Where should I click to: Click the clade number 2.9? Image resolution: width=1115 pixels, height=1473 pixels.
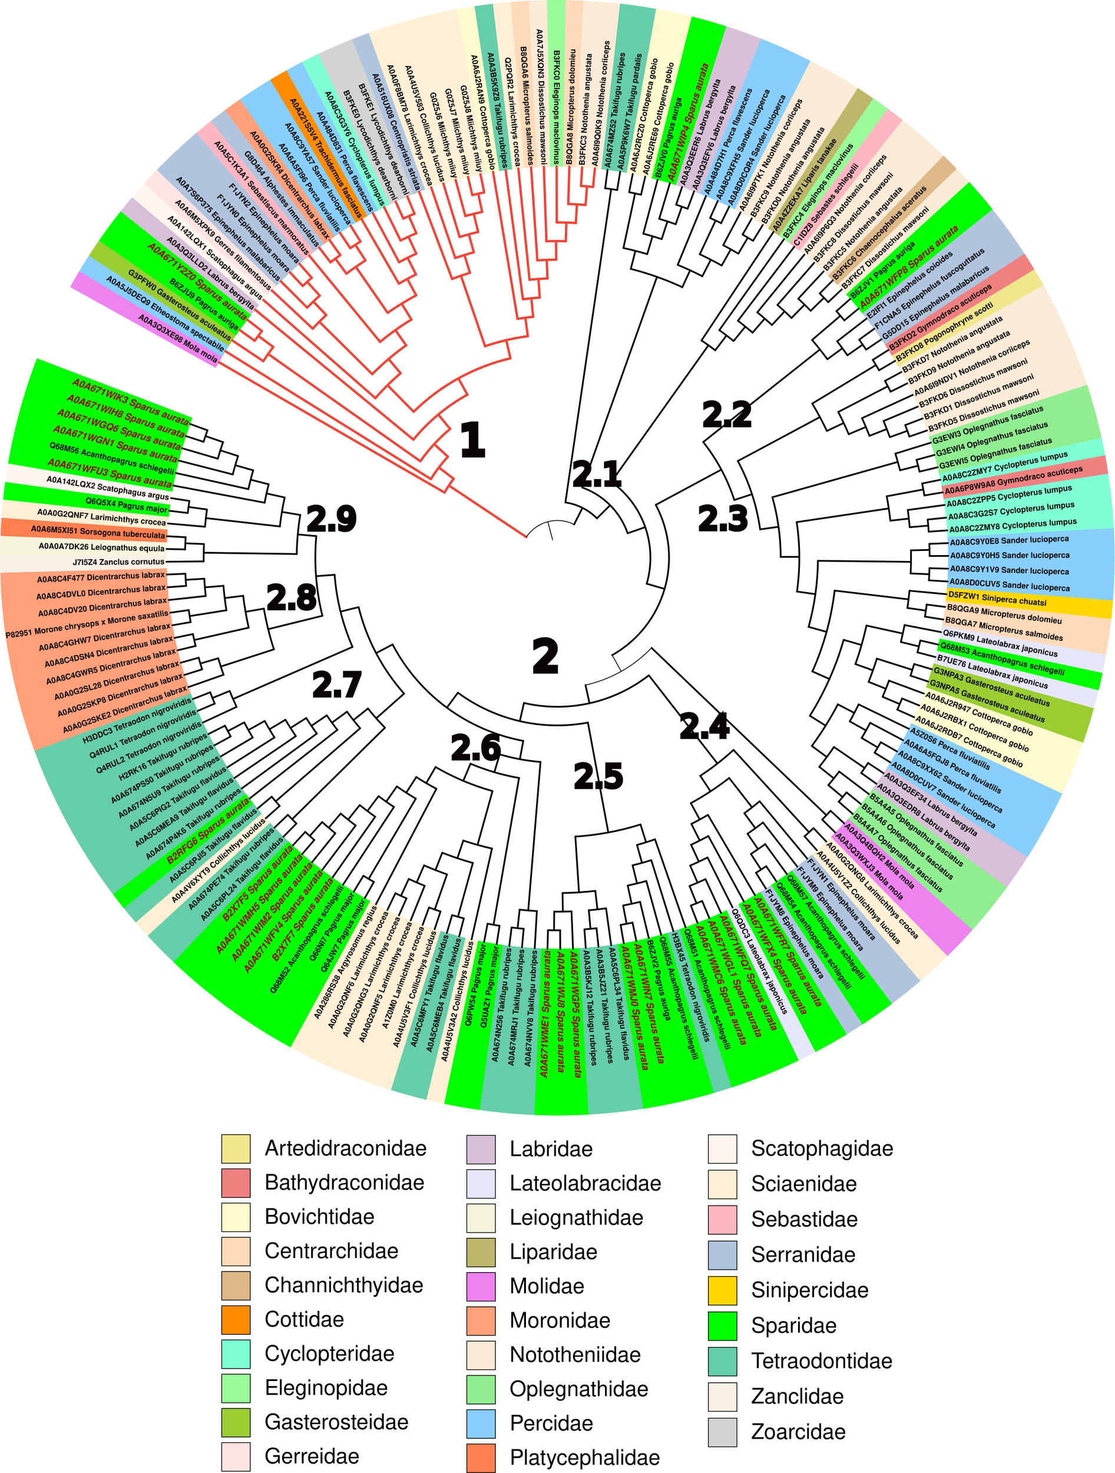click(332, 518)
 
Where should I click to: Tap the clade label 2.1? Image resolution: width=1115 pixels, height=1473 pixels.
click(597, 474)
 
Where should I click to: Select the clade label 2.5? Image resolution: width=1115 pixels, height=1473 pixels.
click(598, 777)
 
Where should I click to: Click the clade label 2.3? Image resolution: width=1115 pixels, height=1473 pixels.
click(723, 518)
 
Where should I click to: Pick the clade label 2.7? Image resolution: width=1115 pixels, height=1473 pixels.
click(337, 685)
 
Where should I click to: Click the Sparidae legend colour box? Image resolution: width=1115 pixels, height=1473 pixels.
click(722, 1326)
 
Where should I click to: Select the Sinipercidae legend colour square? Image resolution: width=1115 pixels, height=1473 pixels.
click(722, 1290)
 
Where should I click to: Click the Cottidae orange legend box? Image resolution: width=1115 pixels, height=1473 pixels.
click(236, 1320)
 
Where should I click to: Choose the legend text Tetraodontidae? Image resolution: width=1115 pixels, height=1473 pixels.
click(822, 1360)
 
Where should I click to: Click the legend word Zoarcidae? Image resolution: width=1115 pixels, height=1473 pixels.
click(798, 1432)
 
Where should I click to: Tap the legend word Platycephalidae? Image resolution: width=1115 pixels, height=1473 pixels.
click(584, 1458)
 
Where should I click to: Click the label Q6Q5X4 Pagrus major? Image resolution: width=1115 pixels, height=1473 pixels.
click(127, 505)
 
